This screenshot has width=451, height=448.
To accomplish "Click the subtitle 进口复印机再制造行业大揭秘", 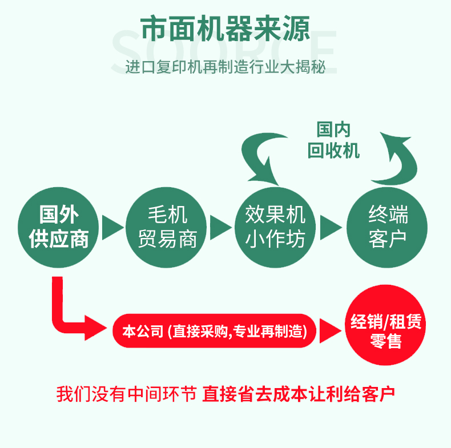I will point(226,67).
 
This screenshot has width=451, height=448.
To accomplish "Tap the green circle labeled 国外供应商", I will point(59,227).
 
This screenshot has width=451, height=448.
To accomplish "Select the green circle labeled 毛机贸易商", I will point(167,227).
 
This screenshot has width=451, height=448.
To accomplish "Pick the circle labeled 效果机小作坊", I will point(276,227).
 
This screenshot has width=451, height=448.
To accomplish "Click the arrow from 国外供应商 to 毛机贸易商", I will point(112,227).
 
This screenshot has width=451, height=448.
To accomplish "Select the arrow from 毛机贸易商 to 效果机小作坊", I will point(221,227).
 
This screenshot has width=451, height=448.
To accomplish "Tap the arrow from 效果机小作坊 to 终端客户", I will point(331,227).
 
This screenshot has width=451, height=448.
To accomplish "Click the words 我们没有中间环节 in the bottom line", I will point(126,394).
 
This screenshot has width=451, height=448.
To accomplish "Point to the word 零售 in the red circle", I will point(386,341).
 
